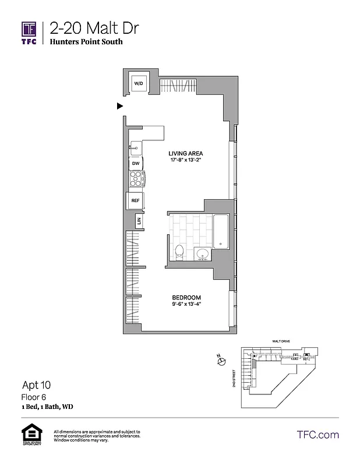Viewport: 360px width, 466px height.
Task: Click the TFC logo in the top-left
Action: point(29,32)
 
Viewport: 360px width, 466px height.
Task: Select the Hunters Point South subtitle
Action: point(86,43)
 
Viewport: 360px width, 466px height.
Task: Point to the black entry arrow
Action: point(120,106)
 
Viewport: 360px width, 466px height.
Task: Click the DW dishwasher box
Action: point(136,164)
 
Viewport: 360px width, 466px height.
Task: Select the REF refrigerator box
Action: point(135,200)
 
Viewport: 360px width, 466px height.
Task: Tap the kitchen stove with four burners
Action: point(136,181)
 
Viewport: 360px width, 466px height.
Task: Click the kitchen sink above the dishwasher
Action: point(136,147)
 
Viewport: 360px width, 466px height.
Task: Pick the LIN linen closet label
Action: point(139,221)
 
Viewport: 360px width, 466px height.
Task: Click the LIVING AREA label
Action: point(185,154)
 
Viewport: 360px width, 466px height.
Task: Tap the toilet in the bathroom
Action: point(180,252)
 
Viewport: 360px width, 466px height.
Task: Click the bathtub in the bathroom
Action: point(221,231)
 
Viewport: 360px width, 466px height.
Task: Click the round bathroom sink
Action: point(202,254)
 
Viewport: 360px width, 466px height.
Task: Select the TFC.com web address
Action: point(317,435)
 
